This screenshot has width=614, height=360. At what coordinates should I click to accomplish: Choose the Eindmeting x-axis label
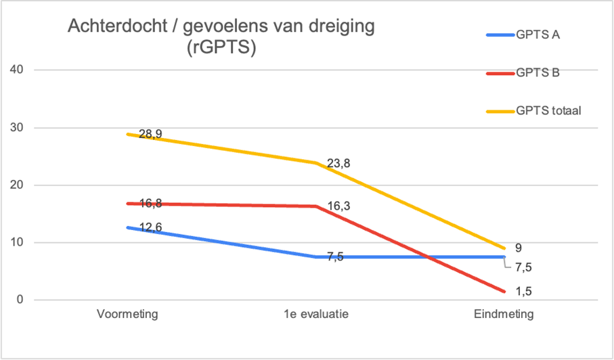(504, 315)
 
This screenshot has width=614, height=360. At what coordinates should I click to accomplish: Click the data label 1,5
(523, 292)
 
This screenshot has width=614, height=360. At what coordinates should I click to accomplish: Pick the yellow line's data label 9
(518, 248)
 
